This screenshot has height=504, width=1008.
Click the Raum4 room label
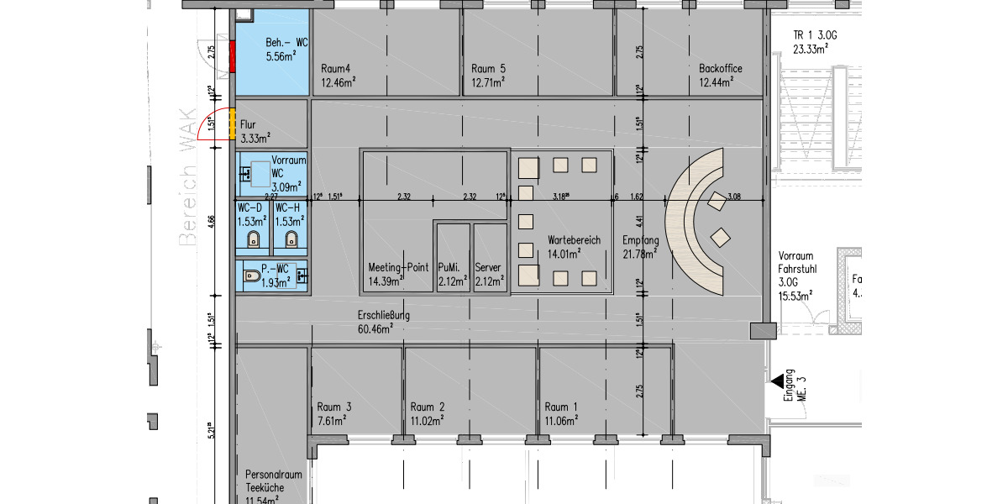[x=335, y=69]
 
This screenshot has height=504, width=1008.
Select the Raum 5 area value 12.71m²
[x=487, y=82]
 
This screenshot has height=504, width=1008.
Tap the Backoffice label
[x=721, y=69]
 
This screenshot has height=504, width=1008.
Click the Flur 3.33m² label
[x=254, y=132]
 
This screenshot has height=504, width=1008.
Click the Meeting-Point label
[x=398, y=267]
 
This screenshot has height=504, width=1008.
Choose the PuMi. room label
[x=453, y=267]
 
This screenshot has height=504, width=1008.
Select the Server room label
[x=488, y=267]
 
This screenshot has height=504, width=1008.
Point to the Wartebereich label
[x=574, y=240]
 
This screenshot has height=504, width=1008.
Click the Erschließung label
[x=383, y=316]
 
